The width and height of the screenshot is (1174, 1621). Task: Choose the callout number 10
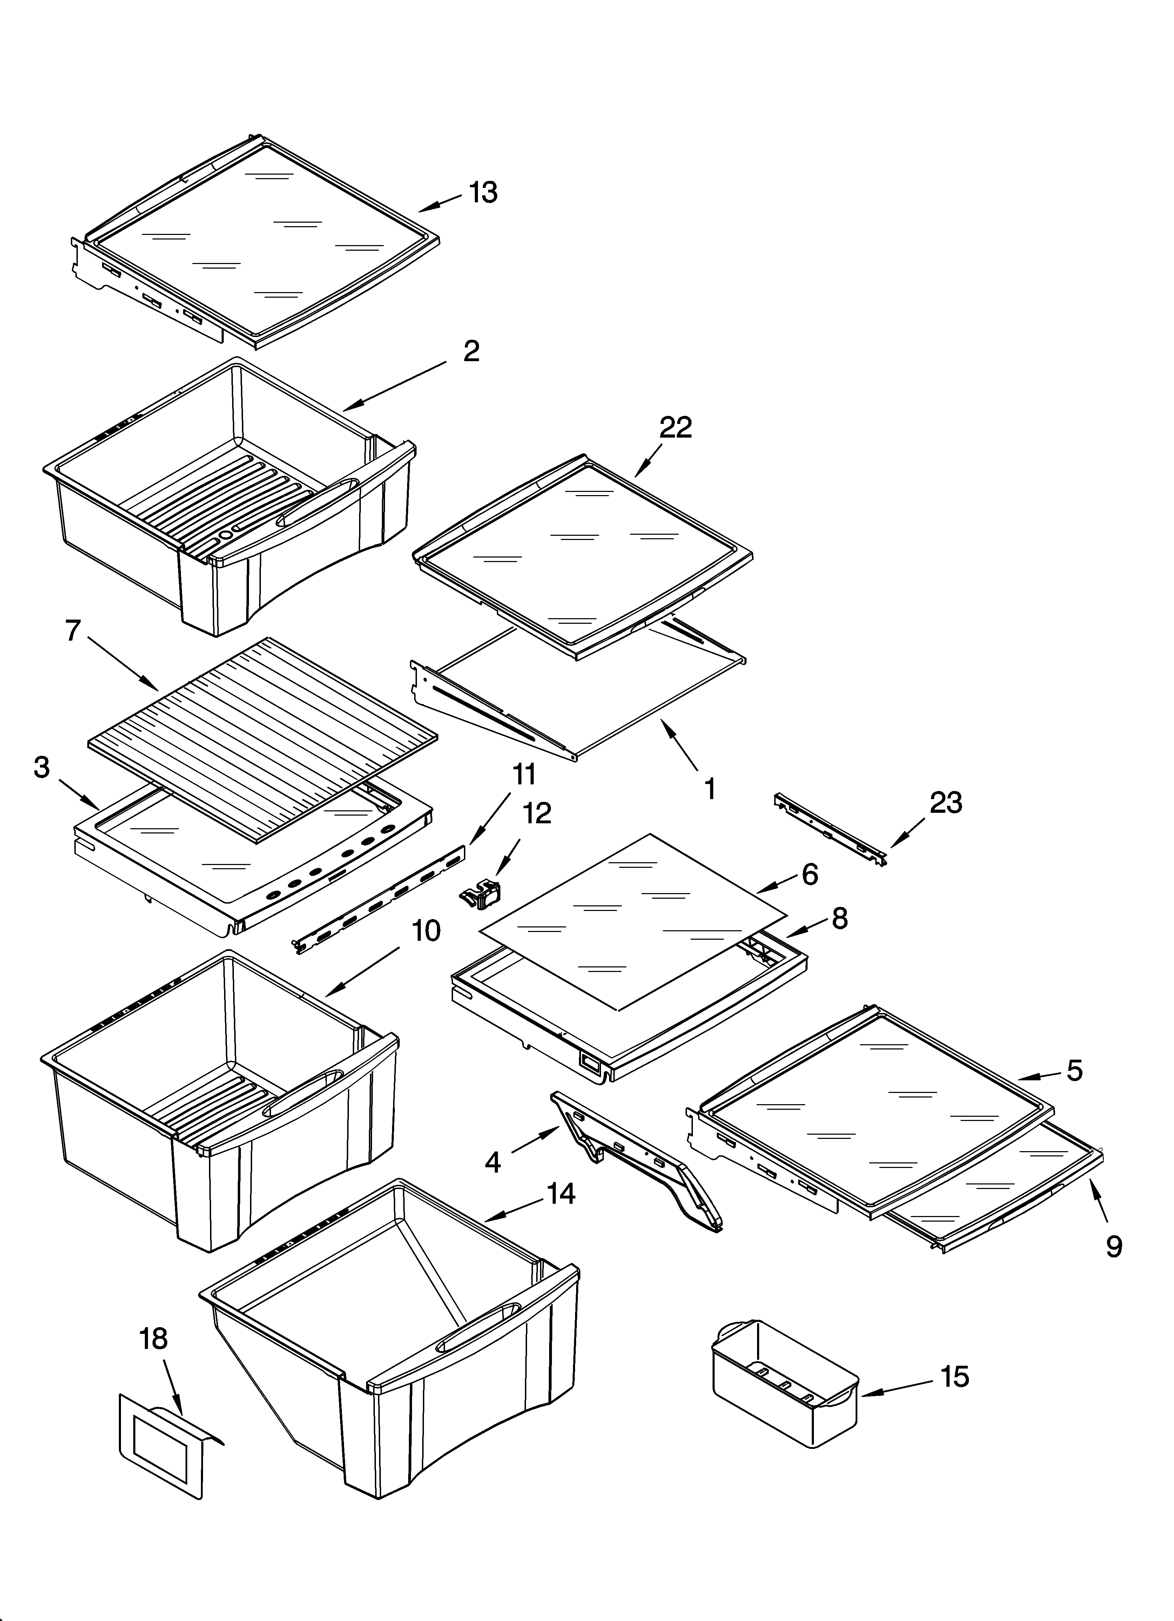pos(426,931)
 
